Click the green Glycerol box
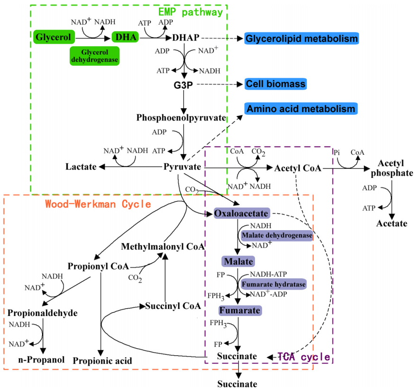54,37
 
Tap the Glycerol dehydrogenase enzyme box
95,56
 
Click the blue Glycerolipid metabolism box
301,38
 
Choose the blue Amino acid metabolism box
300,109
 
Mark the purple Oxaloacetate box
241,214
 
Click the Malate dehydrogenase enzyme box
277,235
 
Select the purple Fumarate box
240,311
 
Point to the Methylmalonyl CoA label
163,247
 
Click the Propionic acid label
102,361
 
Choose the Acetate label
392,223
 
